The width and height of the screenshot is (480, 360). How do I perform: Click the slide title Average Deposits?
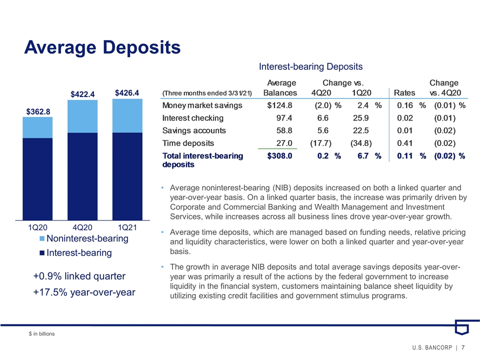point(102,47)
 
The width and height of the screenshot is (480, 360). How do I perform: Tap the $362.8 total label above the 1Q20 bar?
point(38,111)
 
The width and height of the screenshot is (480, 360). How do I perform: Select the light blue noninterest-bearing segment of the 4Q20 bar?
point(82,116)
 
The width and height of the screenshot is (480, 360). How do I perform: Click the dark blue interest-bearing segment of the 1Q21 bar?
point(127,176)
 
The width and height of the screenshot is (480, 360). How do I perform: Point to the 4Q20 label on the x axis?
point(82,227)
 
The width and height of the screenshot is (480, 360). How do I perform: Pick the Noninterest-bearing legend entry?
point(84,238)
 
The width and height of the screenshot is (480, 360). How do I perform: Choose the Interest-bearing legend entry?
point(75,253)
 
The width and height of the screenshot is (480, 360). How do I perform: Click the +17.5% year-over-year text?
point(84,292)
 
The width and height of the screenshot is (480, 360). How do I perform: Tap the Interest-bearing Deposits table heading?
point(310,66)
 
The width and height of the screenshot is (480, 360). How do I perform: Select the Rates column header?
point(404,93)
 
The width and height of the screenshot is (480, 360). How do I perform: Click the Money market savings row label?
point(202,105)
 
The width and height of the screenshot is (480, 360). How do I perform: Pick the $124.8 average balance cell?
point(279,105)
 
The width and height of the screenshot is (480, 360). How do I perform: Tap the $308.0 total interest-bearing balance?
point(279,156)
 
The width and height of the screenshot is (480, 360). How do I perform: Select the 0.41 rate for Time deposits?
point(404,143)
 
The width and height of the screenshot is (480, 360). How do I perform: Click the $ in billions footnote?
point(41,333)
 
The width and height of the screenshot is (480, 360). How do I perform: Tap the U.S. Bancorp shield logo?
point(462,327)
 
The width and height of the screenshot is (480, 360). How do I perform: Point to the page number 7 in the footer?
point(463,347)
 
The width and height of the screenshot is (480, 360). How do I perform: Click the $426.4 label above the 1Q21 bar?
point(126,93)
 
